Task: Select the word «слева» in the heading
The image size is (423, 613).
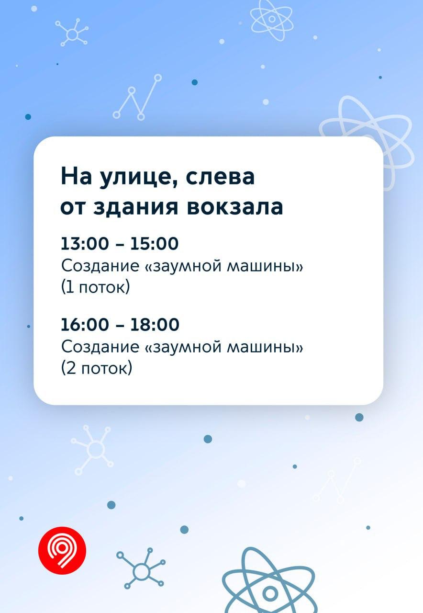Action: coord(220,177)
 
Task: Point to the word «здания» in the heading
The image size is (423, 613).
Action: coord(135,207)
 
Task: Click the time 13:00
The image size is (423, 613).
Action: coord(85,243)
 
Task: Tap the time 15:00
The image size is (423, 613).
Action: coord(155,243)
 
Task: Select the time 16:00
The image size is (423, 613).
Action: coord(85,324)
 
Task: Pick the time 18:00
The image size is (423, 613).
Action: coord(155,324)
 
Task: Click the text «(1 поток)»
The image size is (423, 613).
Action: coord(95,287)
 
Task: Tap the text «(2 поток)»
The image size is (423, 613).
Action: coord(97,368)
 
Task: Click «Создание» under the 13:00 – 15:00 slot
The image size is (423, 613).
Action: coord(100,266)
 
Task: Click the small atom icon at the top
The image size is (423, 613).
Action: coord(271,20)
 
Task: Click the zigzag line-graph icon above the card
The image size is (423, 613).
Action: coord(137,97)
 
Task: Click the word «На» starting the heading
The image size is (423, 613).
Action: coord(76,177)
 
